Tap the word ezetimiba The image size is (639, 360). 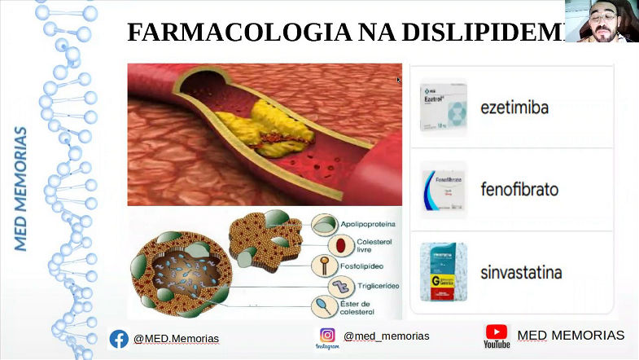(514, 107)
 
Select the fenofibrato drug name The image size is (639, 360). (519, 190)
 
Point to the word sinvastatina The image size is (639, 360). (521, 272)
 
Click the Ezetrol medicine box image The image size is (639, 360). (443, 106)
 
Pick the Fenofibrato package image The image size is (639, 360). (444, 190)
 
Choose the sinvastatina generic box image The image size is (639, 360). (444, 272)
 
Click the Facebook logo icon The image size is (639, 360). (119, 338)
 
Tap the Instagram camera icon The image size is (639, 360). (327, 335)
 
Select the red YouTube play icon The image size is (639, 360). (496, 331)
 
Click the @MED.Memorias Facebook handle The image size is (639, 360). (176, 339)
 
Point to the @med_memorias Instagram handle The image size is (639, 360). (386, 336)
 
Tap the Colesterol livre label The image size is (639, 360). (373, 246)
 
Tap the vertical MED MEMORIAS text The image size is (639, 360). (21, 188)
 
